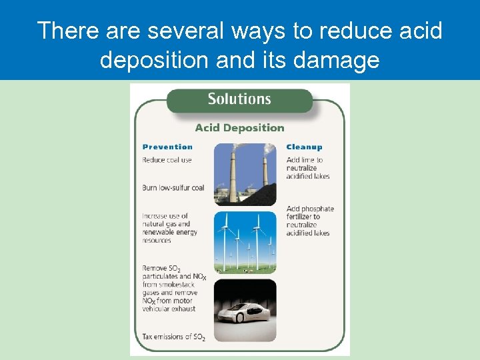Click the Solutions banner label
pyautogui.click(x=239, y=99)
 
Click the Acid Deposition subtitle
pyautogui.click(x=239, y=128)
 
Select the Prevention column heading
pyautogui.click(x=167, y=147)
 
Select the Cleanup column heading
pyautogui.click(x=304, y=147)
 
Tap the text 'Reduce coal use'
pyautogui.click(x=167, y=160)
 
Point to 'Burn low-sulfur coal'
pyautogui.click(x=173, y=188)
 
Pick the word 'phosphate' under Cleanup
pyautogui.click(x=317, y=209)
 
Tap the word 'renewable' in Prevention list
pyautogui.click(x=159, y=233)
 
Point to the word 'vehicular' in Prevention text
pyautogui.click(x=157, y=309)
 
